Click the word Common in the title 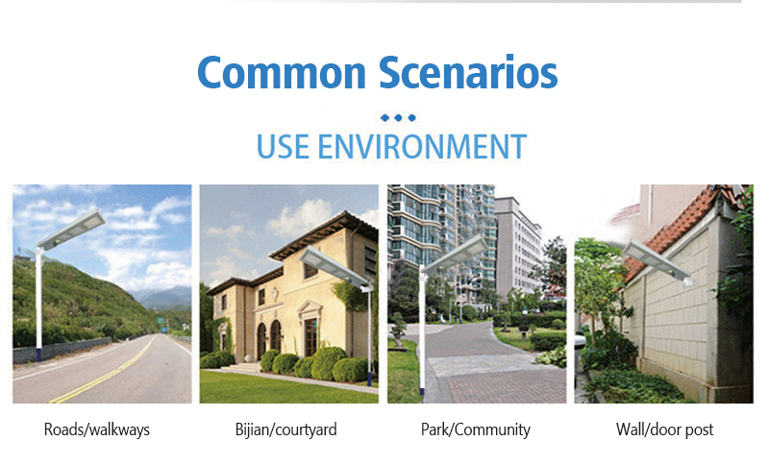(x=282, y=72)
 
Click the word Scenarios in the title (x=468, y=71)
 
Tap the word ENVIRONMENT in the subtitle (x=422, y=146)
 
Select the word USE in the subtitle (x=283, y=146)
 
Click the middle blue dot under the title (x=398, y=117)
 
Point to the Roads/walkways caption (x=97, y=429)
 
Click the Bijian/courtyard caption (x=285, y=429)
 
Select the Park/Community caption (x=476, y=429)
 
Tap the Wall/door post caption (x=664, y=429)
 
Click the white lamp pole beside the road (x=38, y=304)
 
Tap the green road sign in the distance (x=160, y=321)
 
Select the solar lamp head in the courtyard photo (x=334, y=266)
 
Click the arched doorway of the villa (x=276, y=337)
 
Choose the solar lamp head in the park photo (x=455, y=256)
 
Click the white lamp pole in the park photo (x=421, y=333)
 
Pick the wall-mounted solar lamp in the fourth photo (x=658, y=262)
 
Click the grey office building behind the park (x=517, y=248)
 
